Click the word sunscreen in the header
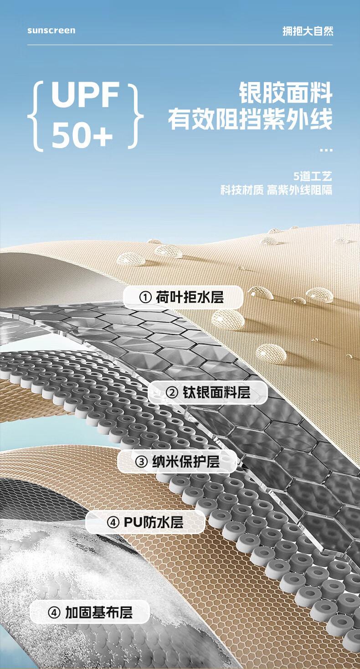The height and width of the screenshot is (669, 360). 51,31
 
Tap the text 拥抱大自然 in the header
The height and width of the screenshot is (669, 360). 308,31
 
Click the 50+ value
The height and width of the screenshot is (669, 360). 82,135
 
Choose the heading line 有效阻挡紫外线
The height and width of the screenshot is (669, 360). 250,119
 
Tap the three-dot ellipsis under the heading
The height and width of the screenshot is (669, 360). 326,150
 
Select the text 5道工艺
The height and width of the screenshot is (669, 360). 313,176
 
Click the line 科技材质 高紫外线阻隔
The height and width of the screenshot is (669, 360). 276,190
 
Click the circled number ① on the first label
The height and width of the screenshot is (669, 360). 145,298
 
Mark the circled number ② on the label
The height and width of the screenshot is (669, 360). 172,393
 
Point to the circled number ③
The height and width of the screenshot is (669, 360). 141,462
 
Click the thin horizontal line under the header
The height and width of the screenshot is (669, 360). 180,45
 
